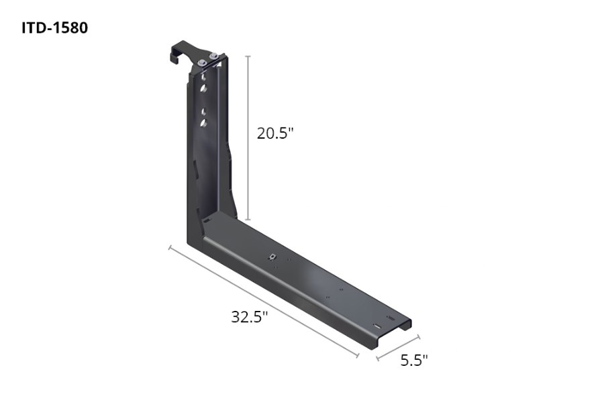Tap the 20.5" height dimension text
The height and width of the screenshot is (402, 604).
(276, 133)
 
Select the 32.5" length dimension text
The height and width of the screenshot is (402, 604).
(250, 317)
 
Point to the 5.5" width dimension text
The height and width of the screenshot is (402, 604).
(414, 360)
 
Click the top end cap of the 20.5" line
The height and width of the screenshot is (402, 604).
(248, 56)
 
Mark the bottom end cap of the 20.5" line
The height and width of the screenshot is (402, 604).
(248, 219)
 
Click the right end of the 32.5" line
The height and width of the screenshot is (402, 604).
(358, 356)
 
